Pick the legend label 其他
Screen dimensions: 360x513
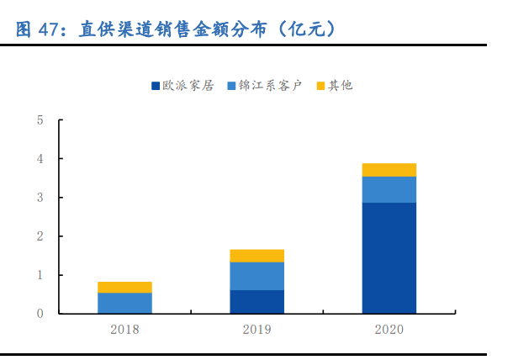point(341,86)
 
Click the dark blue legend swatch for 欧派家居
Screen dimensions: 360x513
point(156,86)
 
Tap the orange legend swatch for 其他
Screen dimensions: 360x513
point(320,86)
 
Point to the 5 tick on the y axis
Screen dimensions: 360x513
point(40,120)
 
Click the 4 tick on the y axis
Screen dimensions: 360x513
point(40,159)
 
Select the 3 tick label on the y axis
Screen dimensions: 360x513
point(40,198)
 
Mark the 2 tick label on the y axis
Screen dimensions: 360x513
point(40,236)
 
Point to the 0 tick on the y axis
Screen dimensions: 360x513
point(40,314)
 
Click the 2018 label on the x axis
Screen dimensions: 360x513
point(124,329)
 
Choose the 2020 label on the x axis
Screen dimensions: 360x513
point(389,329)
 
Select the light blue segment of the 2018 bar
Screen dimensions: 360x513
point(124,303)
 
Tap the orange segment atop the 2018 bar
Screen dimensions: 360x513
point(124,287)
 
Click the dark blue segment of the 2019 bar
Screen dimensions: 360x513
point(256,302)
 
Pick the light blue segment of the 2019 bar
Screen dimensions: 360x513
point(256,276)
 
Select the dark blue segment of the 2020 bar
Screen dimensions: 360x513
point(389,258)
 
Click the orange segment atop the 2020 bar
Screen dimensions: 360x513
point(389,170)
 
